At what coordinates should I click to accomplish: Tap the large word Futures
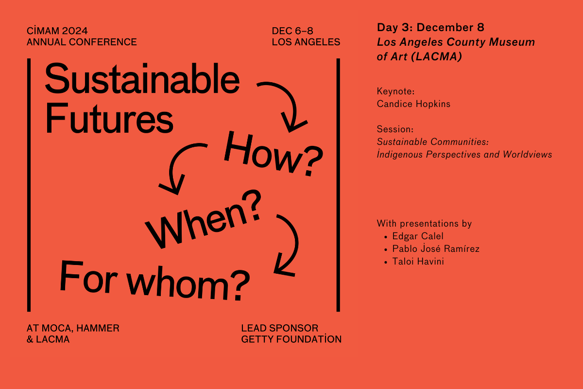pos(109,119)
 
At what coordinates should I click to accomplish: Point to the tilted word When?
pos(204,219)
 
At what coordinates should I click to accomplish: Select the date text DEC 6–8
pos(292,31)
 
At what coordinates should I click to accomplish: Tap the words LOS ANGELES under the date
pos(306,42)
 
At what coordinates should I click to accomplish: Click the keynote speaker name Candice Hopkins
pos(413,104)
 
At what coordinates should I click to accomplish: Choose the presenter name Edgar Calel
pos(418,236)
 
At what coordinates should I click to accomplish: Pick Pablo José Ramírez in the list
pos(436,248)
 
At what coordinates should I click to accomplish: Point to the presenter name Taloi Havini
pos(418,261)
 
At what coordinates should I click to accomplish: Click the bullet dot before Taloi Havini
pos(386,263)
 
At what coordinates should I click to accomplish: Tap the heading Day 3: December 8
pos(430,27)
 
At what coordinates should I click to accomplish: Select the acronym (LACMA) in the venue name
pos(436,56)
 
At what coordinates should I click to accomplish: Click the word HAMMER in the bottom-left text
pos(98,328)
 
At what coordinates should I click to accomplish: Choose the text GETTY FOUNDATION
pos(291,339)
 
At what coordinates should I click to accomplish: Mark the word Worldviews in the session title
pos(527,155)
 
